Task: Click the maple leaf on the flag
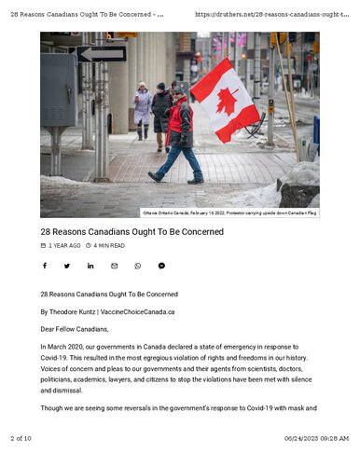[x=227, y=101]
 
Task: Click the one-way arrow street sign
[x=101, y=54]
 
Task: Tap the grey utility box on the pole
[x=57, y=89]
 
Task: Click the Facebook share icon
[x=44, y=266]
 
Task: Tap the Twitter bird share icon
[x=67, y=266]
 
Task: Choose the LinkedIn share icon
[x=90, y=266]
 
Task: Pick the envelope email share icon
[x=114, y=266]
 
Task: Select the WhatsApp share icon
[x=138, y=266]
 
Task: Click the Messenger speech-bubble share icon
[x=161, y=266]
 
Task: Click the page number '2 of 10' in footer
[x=21, y=438]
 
